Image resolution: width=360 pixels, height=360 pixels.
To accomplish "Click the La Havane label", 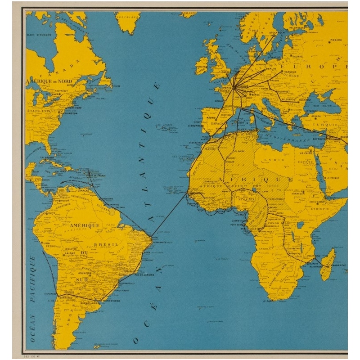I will (x=47, y=157).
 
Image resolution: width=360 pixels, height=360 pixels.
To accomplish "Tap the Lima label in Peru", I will (x=45, y=243).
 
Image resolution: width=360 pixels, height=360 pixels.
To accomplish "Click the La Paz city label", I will (x=69, y=253).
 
